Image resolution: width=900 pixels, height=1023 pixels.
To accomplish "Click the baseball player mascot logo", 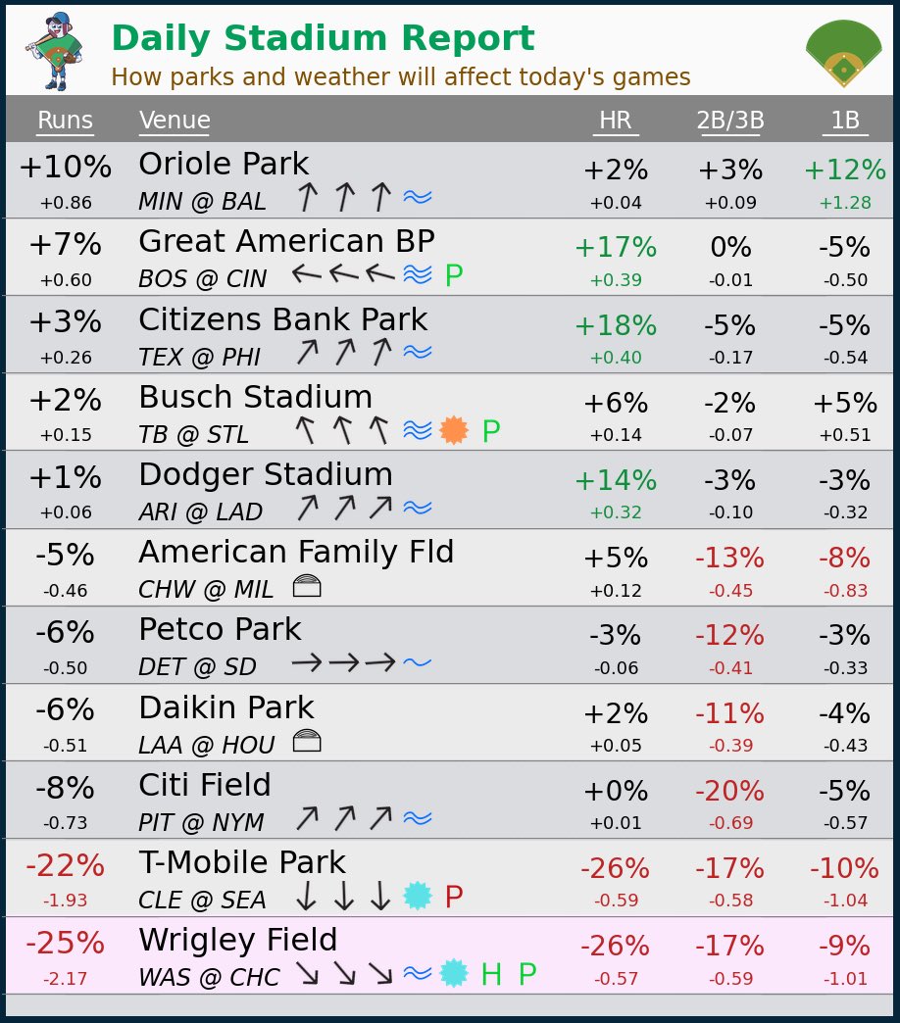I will pyautogui.click(x=55, y=50).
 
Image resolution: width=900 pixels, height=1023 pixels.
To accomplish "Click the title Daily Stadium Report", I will pyautogui.click(x=323, y=39).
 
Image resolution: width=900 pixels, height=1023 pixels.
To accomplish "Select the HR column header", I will pyautogui.click(x=615, y=121).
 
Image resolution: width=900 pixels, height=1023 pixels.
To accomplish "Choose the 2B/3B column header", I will pyautogui.click(x=729, y=121).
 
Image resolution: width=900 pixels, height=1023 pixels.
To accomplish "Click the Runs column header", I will pyautogui.click(x=65, y=121).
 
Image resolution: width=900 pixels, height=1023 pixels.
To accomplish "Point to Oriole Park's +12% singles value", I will pyautogui.click(x=844, y=170).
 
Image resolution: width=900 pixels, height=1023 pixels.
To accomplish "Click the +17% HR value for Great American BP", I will pyautogui.click(x=615, y=248).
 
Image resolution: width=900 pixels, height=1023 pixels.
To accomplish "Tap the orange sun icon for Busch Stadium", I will pyautogui.click(x=454, y=430).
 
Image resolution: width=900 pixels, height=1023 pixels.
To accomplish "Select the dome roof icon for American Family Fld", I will pyautogui.click(x=307, y=587).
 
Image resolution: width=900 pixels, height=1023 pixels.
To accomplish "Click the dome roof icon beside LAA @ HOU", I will pyautogui.click(x=307, y=742).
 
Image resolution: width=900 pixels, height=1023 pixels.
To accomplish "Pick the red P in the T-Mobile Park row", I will pyautogui.click(x=454, y=897).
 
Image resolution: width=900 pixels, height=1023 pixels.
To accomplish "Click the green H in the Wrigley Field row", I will pyautogui.click(x=491, y=974).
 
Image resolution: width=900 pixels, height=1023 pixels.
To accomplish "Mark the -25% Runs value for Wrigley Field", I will pyautogui.click(x=65, y=944).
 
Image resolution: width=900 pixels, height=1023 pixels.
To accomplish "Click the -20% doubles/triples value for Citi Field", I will pyautogui.click(x=729, y=791).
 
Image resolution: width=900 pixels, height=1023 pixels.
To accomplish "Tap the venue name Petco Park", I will pyautogui.click(x=220, y=629).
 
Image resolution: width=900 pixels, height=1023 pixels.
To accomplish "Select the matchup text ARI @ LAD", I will pyautogui.click(x=200, y=512).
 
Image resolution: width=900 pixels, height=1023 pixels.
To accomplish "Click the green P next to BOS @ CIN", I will pyautogui.click(x=454, y=276).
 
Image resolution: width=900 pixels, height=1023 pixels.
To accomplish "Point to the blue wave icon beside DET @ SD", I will pyautogui.click(x=418, y=663).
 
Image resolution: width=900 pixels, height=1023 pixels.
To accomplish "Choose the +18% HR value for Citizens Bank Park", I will pyautogui.click(x=615, y=326).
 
